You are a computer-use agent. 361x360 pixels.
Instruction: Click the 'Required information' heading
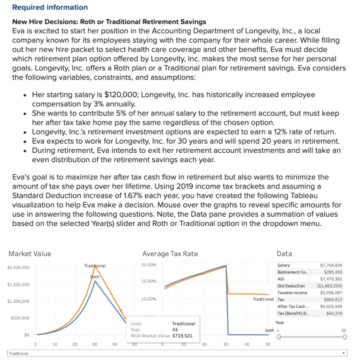coord(50,7)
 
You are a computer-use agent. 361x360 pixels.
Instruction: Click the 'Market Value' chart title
coord(29,254)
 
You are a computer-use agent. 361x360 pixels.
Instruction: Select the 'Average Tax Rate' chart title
coord(170,254)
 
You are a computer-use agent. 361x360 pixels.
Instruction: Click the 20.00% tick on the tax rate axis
coord(149,265)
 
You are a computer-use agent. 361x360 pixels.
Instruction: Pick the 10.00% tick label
coord(149,299)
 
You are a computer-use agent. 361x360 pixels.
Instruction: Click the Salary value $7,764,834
coord(331,265)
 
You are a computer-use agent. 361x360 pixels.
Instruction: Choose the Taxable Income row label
coord(292,292)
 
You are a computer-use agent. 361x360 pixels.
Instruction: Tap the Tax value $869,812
coord(333,299)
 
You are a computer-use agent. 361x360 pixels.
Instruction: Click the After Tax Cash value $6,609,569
coord(331,306)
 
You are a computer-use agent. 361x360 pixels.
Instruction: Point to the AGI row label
coord(281,279)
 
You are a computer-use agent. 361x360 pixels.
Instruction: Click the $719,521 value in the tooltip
coord(182,335)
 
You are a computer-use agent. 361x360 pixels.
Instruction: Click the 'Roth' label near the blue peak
coord(95,276)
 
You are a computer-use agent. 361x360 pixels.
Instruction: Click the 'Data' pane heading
coord(284,254)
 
